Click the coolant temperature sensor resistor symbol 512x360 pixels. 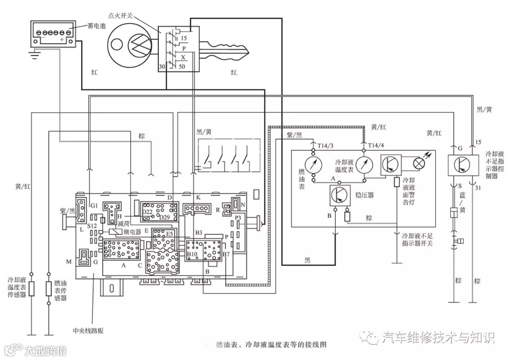pos(32,288)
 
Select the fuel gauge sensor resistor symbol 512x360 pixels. pos(48,288)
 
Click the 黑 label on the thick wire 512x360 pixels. pos(308,260)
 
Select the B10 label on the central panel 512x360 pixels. pos(192,254)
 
